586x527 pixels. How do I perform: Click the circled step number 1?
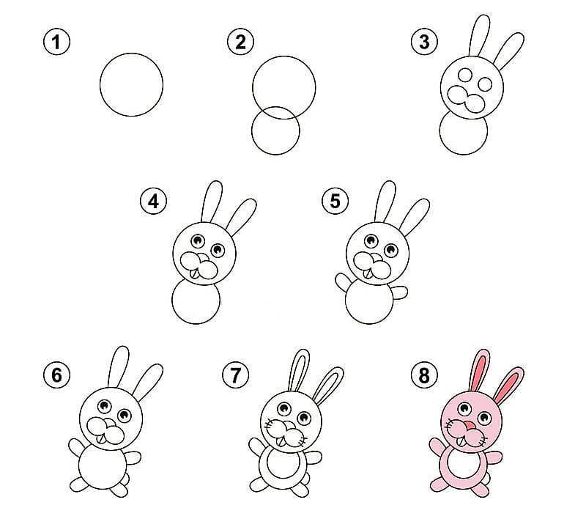click(x=57, y=42)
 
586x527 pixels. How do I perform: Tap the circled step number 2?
click(x=241, y=42)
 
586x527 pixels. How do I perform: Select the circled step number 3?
click(x=424, y=42)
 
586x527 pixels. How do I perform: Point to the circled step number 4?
click(x=153, y=202)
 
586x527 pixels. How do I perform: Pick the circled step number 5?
click(x=335, y=202)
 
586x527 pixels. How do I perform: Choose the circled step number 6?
click(x=57, y=375)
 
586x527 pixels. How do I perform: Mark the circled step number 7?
click(x=235, y=375)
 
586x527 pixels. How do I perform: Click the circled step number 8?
click(x=424, y=375)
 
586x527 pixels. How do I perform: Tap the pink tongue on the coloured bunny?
click(x=468, y=426)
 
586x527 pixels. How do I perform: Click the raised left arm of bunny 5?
click(x=343, y=283)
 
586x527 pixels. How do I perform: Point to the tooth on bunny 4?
click(x=194, y=274)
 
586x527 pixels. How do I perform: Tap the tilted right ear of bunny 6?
click(x=148, y=382)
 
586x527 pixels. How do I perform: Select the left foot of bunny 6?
click(x=78, y=484)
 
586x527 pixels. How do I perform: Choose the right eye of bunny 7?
click(x=304, y=417)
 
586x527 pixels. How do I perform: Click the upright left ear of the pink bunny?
click(x=480, y=370)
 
